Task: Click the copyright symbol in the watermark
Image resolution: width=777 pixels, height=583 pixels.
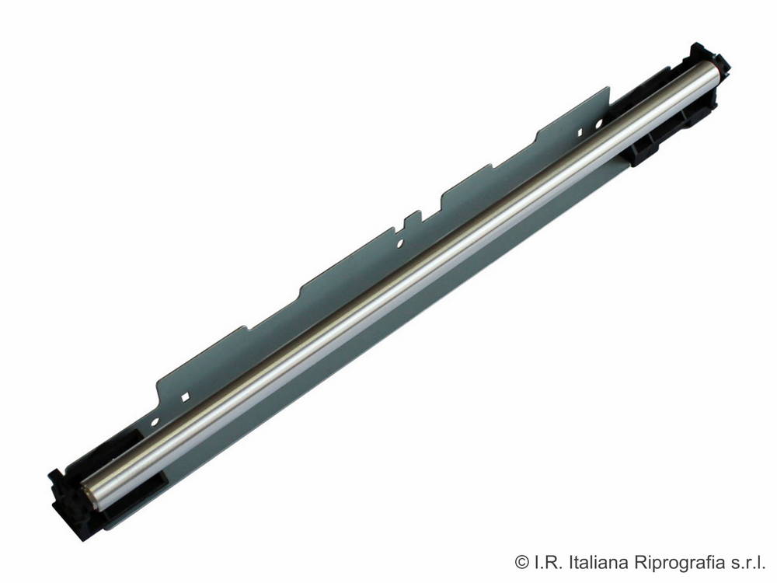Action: (x=522, y=562)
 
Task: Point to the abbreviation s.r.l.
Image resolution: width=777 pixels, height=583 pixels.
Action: (x=748, y=562)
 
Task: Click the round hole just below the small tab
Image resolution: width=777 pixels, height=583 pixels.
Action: (x=400, y=243)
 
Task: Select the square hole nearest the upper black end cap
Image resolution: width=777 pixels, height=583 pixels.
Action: (x=580, y=132)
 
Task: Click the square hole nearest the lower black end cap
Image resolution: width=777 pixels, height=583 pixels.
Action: (x=186, y=396)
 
